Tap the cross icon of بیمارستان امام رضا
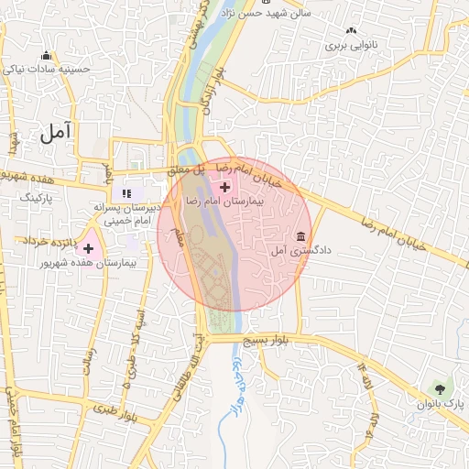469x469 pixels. [224, 186]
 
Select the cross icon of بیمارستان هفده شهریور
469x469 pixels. [89, 248]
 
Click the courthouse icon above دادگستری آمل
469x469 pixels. [301, 235]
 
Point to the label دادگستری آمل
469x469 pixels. [289, 250]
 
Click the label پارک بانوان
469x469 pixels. [441, 404]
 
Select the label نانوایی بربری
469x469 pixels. [351, 43]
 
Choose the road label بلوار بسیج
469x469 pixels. [265, 340]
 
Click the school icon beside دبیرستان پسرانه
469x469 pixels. [126, 194]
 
